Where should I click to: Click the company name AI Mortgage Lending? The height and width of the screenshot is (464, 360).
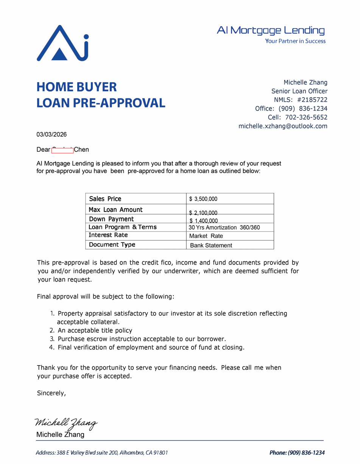pos(271,30)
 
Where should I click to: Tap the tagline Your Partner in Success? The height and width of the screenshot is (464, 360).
pos(295,41)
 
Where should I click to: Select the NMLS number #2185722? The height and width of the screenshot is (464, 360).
pos(312,100)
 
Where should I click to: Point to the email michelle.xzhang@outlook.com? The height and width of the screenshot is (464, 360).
pos(283,126)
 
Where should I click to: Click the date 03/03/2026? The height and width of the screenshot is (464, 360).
pos(51,134)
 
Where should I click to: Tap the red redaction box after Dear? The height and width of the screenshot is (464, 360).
pos(62,150)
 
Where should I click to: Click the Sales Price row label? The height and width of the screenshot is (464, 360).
pos(105,199)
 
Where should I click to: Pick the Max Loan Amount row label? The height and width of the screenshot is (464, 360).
pos(115,210)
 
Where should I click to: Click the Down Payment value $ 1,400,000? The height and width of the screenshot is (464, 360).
pos(204,221)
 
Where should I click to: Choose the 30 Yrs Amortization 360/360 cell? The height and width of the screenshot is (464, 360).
pos(224,227)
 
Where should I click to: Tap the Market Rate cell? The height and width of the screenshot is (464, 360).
pos(206,236)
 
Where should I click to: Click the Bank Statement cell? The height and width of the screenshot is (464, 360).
pos(211,245)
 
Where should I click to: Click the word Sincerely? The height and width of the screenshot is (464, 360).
pos(51,393)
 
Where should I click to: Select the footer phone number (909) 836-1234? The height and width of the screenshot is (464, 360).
pos(306,453)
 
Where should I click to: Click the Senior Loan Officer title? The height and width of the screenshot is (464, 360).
pos(299,91)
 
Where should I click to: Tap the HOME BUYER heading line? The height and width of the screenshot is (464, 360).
pos(76,87)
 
